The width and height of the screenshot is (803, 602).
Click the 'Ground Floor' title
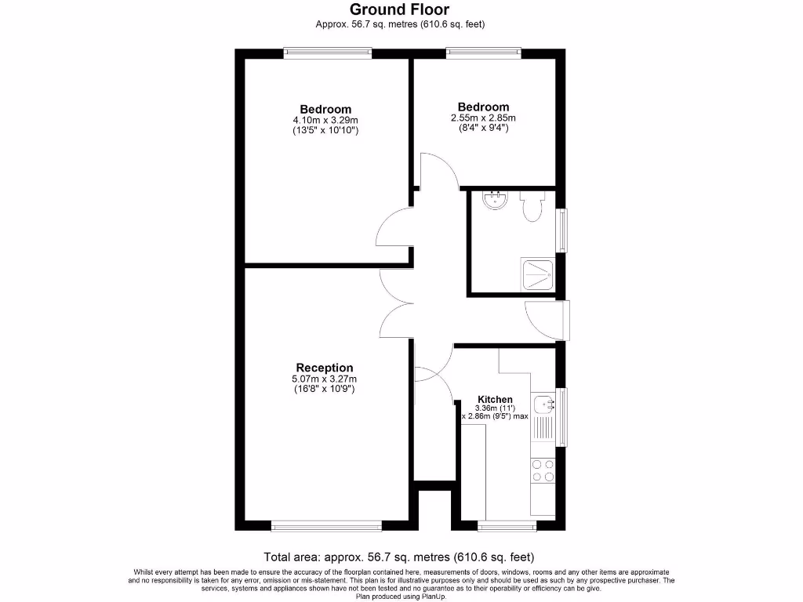pyautogui.click(x=400, y=9)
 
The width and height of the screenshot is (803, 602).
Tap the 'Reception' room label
pyautogui.click(x=325, y=368)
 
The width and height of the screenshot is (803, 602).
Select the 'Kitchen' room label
pyautogui.click(x=495, y=400)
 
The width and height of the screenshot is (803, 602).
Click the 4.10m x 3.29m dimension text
pyautogui.click(x=325, y=120)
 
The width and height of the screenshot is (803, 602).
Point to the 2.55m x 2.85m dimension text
pyautogui.click(x=483, y=118)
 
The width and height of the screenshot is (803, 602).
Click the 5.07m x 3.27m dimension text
pyautogui.click(x=325, y=379)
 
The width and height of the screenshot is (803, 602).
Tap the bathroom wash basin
pyautogui.click(x=496, y=201)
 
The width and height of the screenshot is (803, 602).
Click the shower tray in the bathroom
pyautogui.click(x=539, y=275)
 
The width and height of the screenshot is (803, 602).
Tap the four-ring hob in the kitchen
pyautogui.click(x=543, y=470)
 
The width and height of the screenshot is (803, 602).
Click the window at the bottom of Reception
pyautogui.click(x=326, y=525)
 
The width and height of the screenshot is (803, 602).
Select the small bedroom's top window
pyautogui.click(x=483, y=53)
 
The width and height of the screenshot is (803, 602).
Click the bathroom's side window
pyautogui.click(x=561, y=230)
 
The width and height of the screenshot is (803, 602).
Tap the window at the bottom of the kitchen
pyautogui.click(x=507, y=525)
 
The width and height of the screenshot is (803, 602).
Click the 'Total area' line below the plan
pyautogui.click(x=399, y=557)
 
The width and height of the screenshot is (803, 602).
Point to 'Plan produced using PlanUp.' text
pyautogui.click(x=401, y=597)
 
